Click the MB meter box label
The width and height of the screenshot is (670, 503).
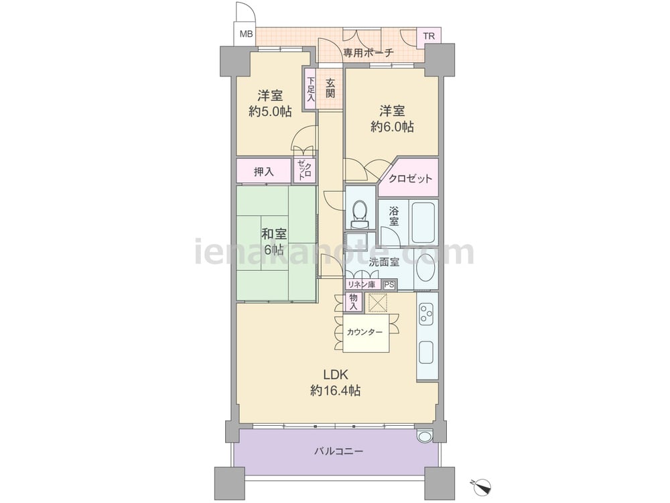[246, 34]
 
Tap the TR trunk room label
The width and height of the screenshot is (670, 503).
[429, 36]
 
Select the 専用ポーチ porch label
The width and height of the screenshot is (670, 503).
[368, 53]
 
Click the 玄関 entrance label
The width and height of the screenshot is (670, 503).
[330, 88]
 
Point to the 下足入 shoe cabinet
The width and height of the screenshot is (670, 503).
[310, 89]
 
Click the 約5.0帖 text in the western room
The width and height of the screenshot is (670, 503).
[270, 111]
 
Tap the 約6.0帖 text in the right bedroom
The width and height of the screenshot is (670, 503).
[392, 127]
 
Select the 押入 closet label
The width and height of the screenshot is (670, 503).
[263, 172]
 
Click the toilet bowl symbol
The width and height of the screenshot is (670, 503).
[360, 213]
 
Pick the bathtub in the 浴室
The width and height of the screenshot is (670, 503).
[423, 221]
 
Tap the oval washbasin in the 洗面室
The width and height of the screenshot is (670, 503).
[425, 269]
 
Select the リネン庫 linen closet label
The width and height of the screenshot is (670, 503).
[361, 284]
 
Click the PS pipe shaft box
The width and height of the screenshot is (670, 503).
[389, 285]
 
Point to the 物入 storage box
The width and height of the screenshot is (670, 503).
[354, 302]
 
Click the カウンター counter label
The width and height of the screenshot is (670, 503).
[364, 332]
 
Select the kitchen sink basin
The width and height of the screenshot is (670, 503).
[426, 351]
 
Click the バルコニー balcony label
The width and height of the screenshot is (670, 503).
[338, 451]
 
